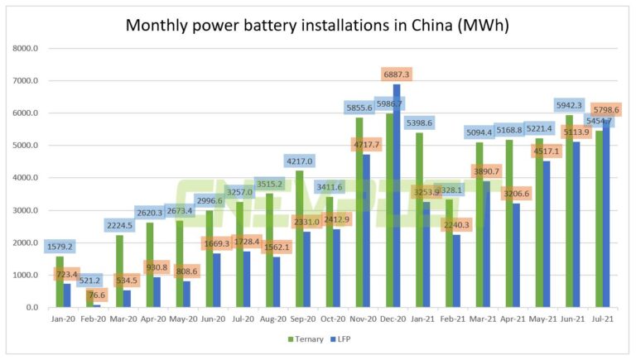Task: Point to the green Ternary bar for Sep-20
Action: tap(299, 239)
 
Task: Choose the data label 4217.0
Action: tap(300, 161)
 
